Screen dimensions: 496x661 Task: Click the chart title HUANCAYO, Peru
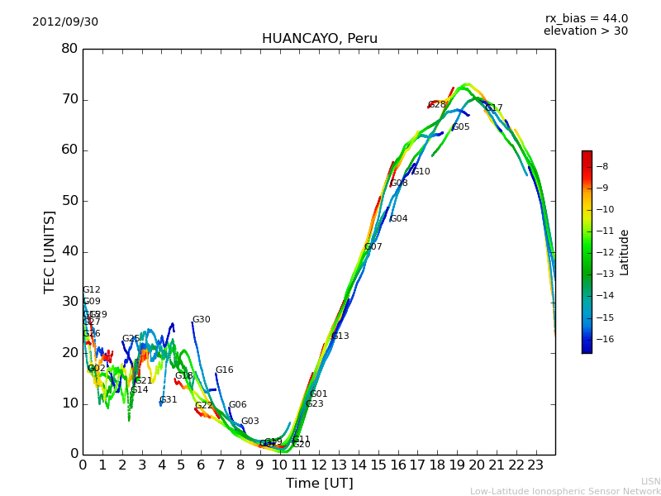[319, 39]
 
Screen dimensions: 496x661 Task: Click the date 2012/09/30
[65, 22]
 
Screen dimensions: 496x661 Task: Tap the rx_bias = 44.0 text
[586, 19]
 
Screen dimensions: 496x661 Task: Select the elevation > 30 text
[585, 31]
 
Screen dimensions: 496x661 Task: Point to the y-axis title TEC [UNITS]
[50, 251]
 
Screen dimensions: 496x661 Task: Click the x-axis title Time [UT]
[319, 484]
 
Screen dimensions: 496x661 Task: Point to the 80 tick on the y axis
[69, 49]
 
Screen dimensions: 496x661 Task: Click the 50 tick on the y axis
[69, 201]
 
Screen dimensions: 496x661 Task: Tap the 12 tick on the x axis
[319, 465]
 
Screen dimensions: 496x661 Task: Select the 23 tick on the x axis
[535, 465]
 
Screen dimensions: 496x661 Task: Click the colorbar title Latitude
[625, 251]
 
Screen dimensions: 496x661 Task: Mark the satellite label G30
[202, 320]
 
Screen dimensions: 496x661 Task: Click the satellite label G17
[493, 108]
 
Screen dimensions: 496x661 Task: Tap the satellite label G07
[373, 247]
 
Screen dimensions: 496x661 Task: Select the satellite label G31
[169, 400]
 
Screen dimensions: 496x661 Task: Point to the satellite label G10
[421, 172]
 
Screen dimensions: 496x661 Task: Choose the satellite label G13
[340, 336]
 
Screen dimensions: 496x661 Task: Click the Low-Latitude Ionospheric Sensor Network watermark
[565, 491]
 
